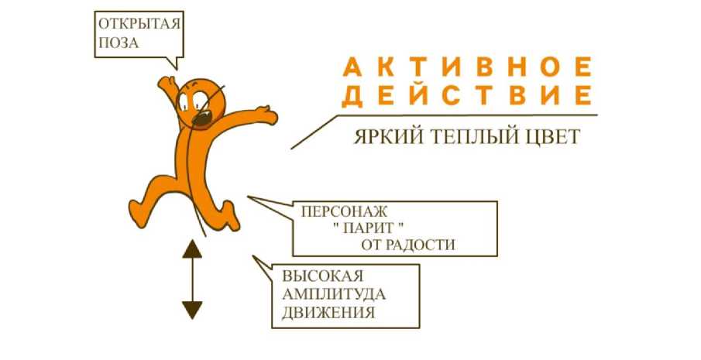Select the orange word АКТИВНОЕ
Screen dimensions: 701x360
[x=467, y=67]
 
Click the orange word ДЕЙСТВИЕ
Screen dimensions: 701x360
[x=467, y=96]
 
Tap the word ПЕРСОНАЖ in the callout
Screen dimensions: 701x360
[x=342, y=211]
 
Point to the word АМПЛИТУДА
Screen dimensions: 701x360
[x=334, y=295]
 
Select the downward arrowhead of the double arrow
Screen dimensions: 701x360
[x=192, y=310]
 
